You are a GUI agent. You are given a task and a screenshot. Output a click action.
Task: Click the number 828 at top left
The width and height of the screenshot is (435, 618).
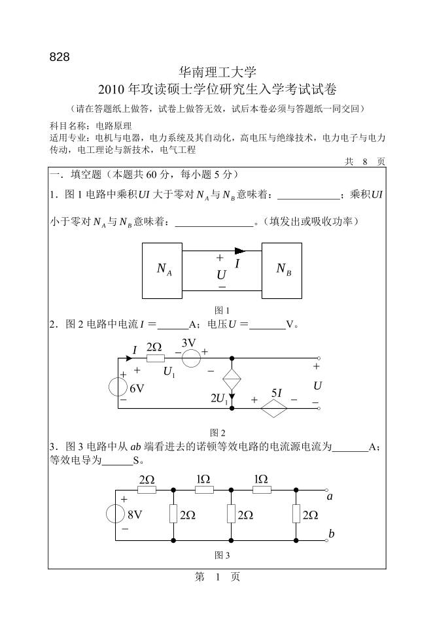click(x=59, y=57)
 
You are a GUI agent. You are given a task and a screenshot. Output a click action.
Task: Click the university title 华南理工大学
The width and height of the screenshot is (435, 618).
click(x=217, y=72)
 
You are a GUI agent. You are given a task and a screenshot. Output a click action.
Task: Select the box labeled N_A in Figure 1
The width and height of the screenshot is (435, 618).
click(x=163, y=270)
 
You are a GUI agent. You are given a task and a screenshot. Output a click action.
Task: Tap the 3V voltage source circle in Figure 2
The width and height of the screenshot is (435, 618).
click(x=190, y=358)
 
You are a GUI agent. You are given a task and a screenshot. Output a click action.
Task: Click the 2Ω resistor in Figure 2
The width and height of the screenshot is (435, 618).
click(x=154, y=358)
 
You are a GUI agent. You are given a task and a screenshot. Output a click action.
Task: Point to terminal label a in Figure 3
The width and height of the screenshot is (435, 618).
click(x=330, y=497)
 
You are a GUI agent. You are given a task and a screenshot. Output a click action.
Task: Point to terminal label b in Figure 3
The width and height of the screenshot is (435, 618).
click(x=332, y=534)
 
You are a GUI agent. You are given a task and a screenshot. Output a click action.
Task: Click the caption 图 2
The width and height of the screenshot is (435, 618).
click(x=217, y=432)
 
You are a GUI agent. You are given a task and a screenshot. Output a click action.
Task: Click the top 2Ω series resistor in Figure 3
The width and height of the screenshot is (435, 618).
click(x=147, y=489)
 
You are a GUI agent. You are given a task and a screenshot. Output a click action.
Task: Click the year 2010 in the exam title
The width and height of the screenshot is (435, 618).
click(x=113, y=90)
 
